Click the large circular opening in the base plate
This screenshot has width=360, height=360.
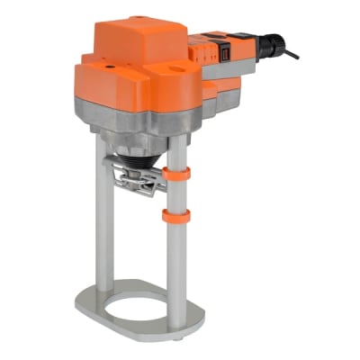pos(136,302)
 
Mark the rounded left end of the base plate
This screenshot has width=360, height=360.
pos(84,301)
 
